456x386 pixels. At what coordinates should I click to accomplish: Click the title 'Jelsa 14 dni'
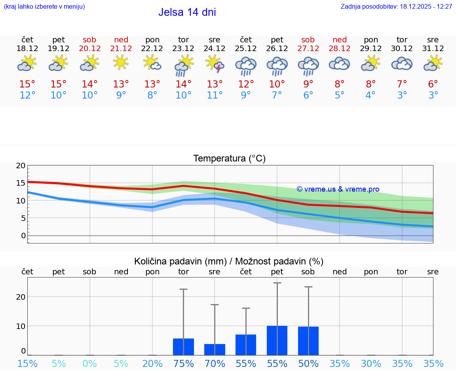pyautogui.click(x=187, y=12)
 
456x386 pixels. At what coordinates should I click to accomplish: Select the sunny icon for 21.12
pyautogui.click(x=121, y=63)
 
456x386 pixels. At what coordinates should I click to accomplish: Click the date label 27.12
pyautogui.click(x=308, y=48)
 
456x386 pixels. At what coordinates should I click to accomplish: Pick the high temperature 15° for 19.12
pyautogui.click(x=59, y=84)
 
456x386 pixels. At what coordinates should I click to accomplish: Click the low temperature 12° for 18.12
pyautogui.click(x=27, y=95)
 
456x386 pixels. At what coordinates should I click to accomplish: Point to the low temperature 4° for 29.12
pyautogui.click(x=370, y=95)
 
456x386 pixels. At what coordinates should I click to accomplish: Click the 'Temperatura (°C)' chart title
pyautogui.click(x=229, y=158)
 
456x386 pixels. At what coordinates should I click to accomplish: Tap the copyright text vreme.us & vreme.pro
pyautogui.click(x=338, y=189)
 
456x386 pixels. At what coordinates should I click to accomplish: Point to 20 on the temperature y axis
pyautogui.click(x=21, y=165)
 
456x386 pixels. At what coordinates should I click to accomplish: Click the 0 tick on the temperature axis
pyautogui.click(x=23, y=236)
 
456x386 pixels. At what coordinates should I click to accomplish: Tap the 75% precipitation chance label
pyautogui.click(x=184, y=363)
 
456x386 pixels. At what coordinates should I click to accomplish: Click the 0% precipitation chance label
pyautogui.click(x=90, y=363)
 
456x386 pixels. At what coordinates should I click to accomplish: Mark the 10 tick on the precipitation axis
pyautogui.click(x=21, y=326)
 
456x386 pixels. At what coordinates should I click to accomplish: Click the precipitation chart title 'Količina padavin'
pyautogui.click(x=179, y=261)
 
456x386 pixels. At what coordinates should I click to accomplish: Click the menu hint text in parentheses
pyautogui.click(x=44, y=6)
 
